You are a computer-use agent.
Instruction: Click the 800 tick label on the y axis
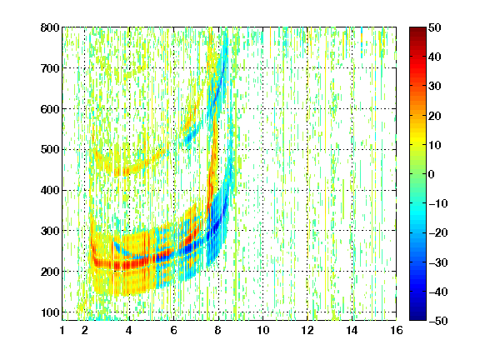[50, 27]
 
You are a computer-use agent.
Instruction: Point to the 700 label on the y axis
[50, 68]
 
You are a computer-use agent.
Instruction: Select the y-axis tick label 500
[50, 150]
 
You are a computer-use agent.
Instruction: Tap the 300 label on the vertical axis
[50, 231]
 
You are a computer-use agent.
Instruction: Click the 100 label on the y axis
[50, 312]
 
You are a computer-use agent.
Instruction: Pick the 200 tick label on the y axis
[50, 272]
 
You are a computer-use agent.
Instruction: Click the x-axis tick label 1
[62, 330]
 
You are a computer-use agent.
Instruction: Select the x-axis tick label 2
[85, 330]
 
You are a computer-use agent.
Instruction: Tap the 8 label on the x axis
[218, 330]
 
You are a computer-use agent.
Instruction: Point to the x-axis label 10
[262, 330]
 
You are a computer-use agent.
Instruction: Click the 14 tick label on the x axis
[352, 330]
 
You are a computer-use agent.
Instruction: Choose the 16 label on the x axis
[397, 330]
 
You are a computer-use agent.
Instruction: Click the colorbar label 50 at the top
[435, 27]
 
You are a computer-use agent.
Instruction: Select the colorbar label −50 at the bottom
[438, 321]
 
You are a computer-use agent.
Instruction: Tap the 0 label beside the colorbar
[432, 174]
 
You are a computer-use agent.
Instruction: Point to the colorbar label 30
[435, 87]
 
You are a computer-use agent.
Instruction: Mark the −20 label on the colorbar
[438, 232]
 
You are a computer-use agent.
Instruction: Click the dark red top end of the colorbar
[417, 28]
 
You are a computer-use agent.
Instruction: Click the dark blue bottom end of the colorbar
[417, 319]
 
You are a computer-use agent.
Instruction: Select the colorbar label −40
[438, 292]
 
